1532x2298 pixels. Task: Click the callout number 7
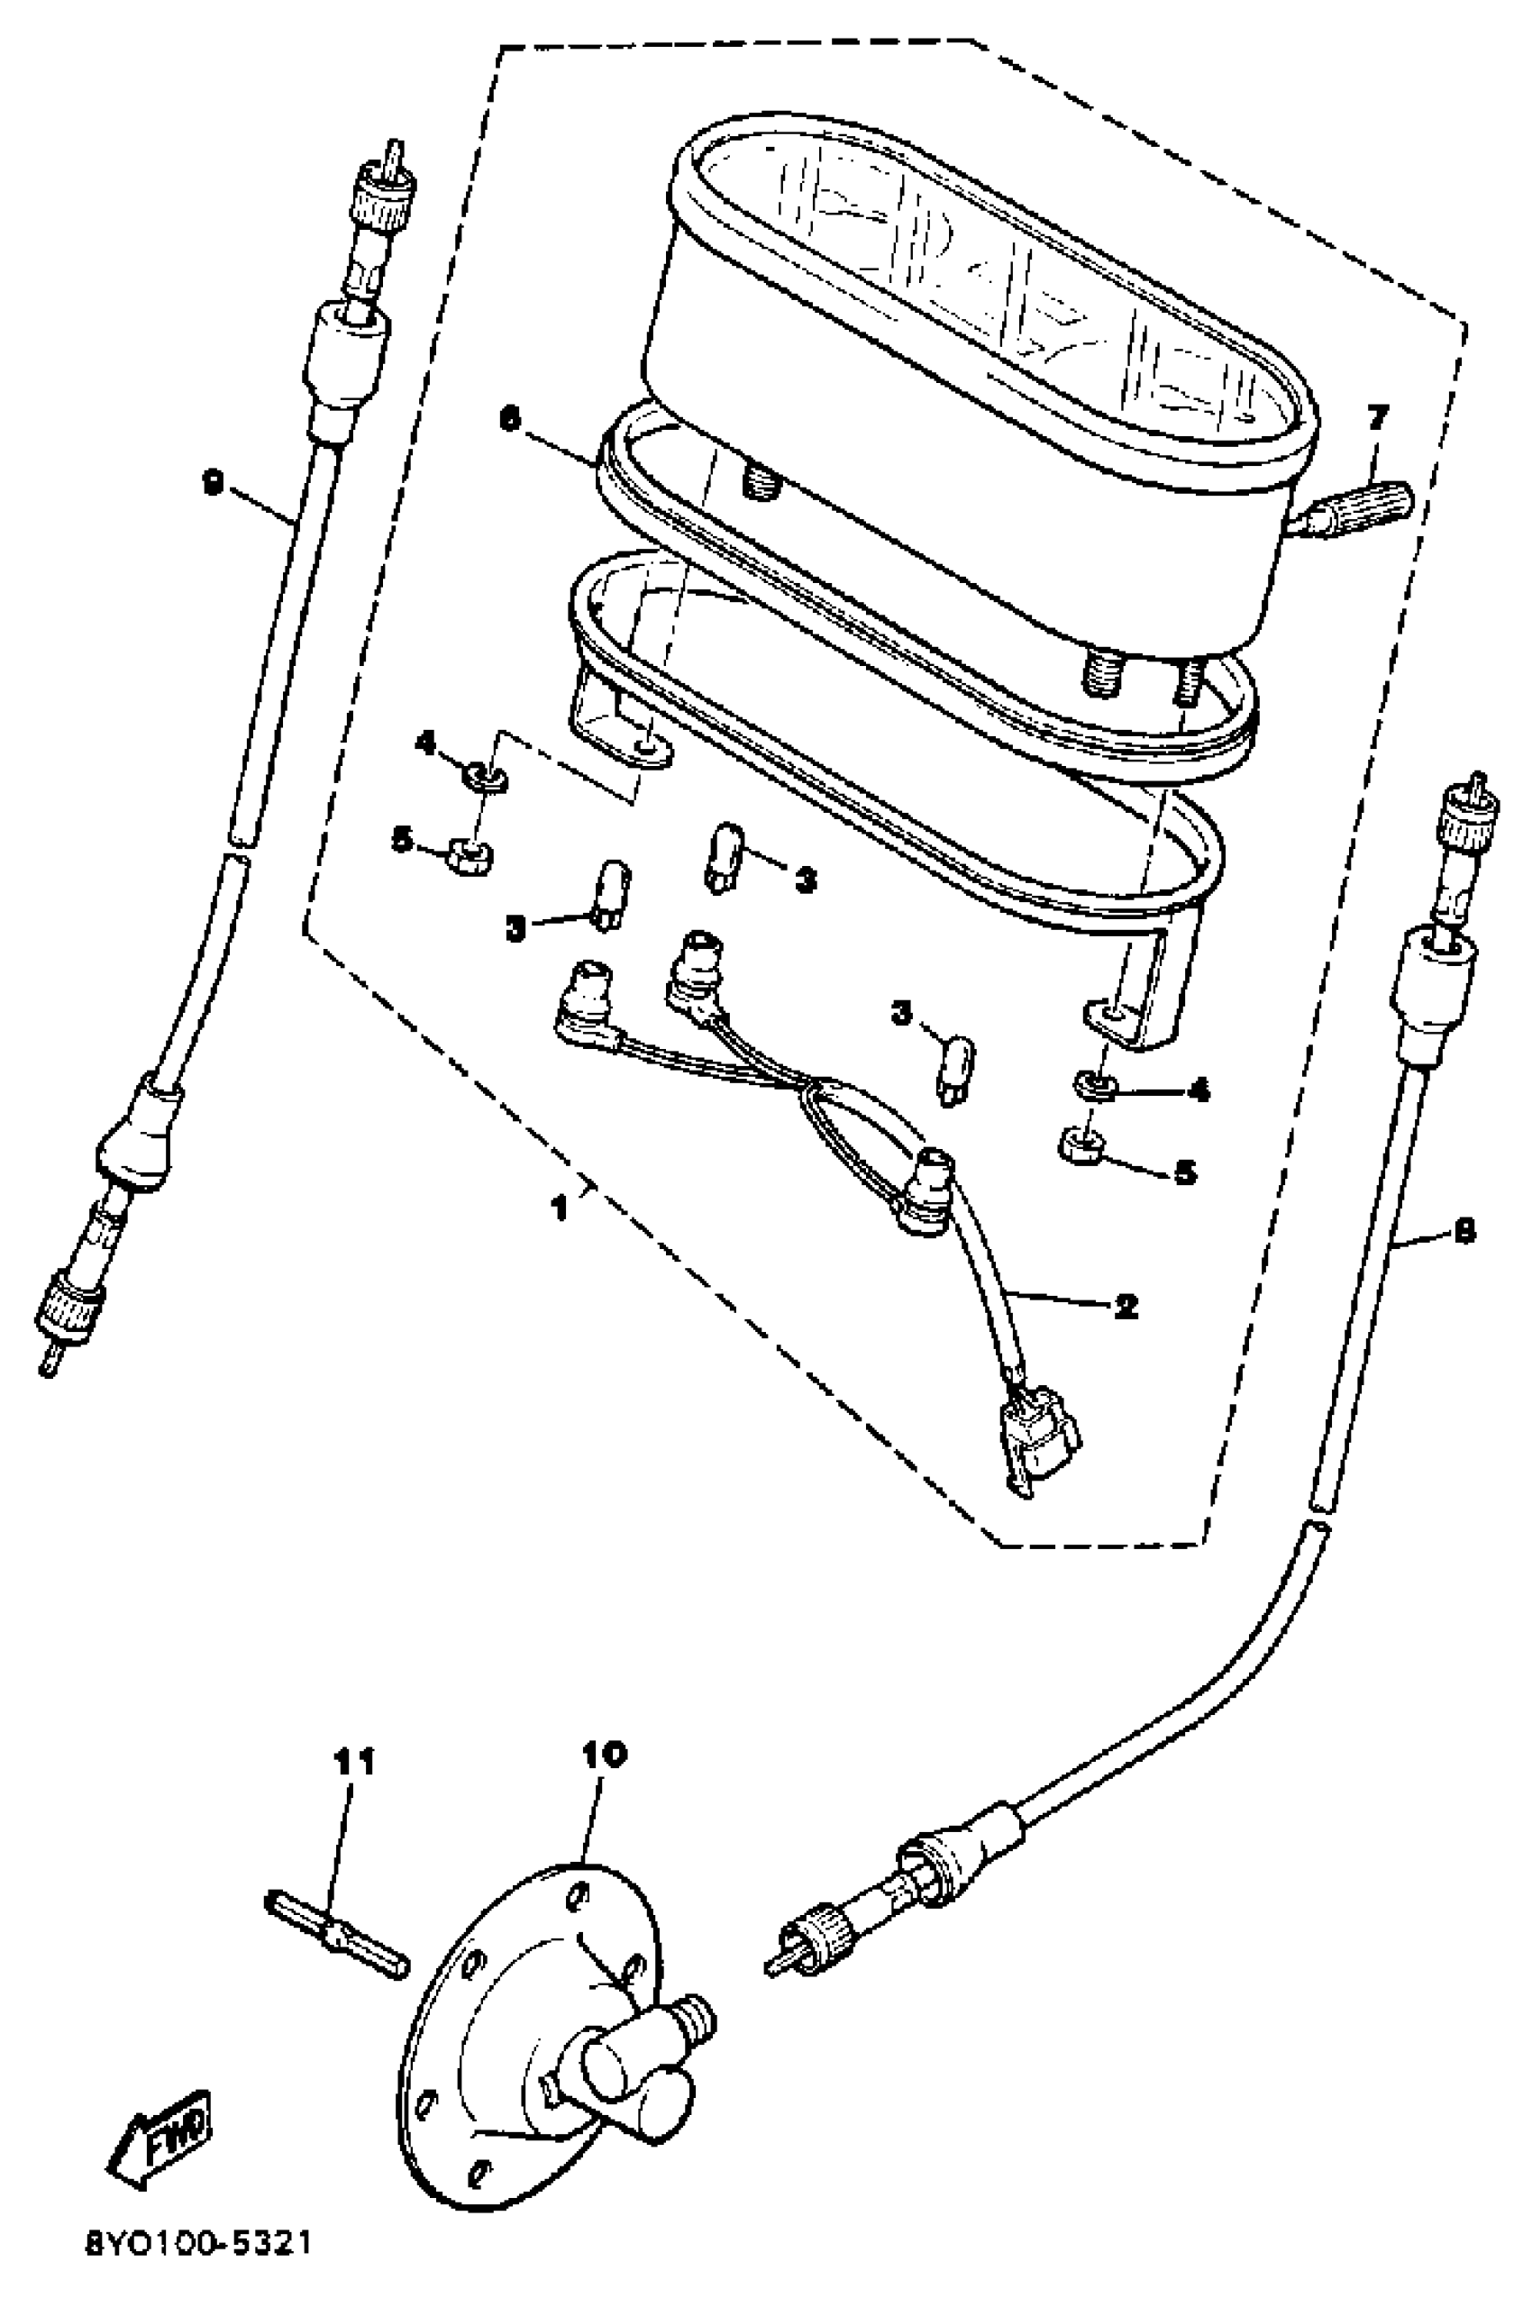[x=1377, y=419]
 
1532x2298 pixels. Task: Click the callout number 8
[x=1464, y=1233]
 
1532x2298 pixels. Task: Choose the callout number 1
[x=559, y=1208]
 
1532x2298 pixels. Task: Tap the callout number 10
[x=603, y=1754]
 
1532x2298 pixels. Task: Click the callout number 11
[x=352, y=1763]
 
